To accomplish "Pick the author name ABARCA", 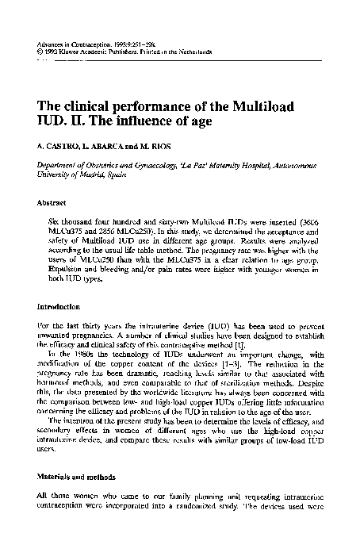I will [105, 148].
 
